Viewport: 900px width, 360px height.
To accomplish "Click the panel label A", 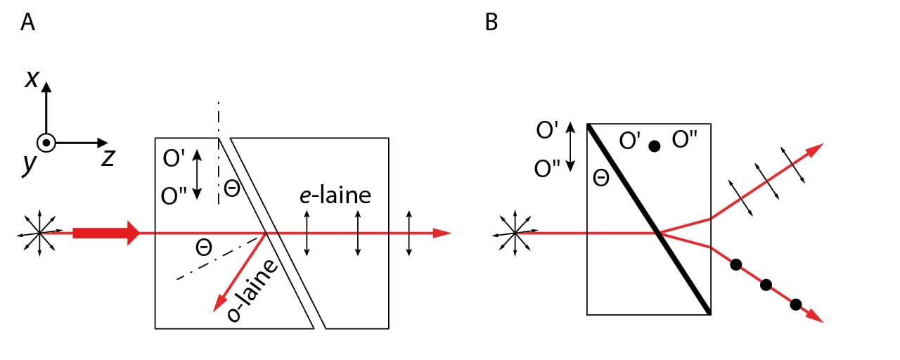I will pos(28,22).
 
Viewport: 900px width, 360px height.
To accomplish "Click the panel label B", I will pos(491,22).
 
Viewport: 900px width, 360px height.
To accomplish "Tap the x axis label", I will pos(32,78).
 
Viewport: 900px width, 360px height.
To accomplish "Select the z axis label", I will pos(108,157).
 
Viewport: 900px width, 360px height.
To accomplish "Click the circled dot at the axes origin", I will pos(46,143).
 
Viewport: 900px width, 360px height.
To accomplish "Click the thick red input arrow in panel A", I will pos(105,233).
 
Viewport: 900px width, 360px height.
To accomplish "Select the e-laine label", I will pos(334,195).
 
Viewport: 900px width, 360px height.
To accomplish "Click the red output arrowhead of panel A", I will pos(442,233).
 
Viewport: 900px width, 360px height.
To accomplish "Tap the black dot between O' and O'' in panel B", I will pos(654,146).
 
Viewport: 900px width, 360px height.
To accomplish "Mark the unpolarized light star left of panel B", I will pos(515,233).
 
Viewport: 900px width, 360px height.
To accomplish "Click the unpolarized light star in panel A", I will pos(39,233).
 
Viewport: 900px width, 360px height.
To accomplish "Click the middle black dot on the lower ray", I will pos(766,285).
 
